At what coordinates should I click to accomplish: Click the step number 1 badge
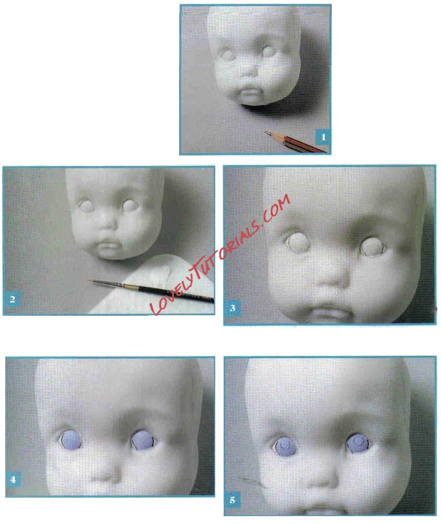point(323,137)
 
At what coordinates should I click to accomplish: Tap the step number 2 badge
point(13,298)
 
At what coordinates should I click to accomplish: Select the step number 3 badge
point(233,308)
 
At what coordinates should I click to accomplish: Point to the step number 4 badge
point(13,479)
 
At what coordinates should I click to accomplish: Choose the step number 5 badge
point(232,500)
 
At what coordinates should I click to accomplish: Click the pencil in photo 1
point(296,142)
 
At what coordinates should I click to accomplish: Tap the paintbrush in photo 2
point(151,290)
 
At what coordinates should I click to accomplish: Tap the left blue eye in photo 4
point(71,441)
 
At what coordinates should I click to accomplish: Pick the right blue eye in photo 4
point(142,441)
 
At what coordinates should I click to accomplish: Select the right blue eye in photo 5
point(357,443)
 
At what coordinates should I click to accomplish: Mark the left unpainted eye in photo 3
point(298,242)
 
